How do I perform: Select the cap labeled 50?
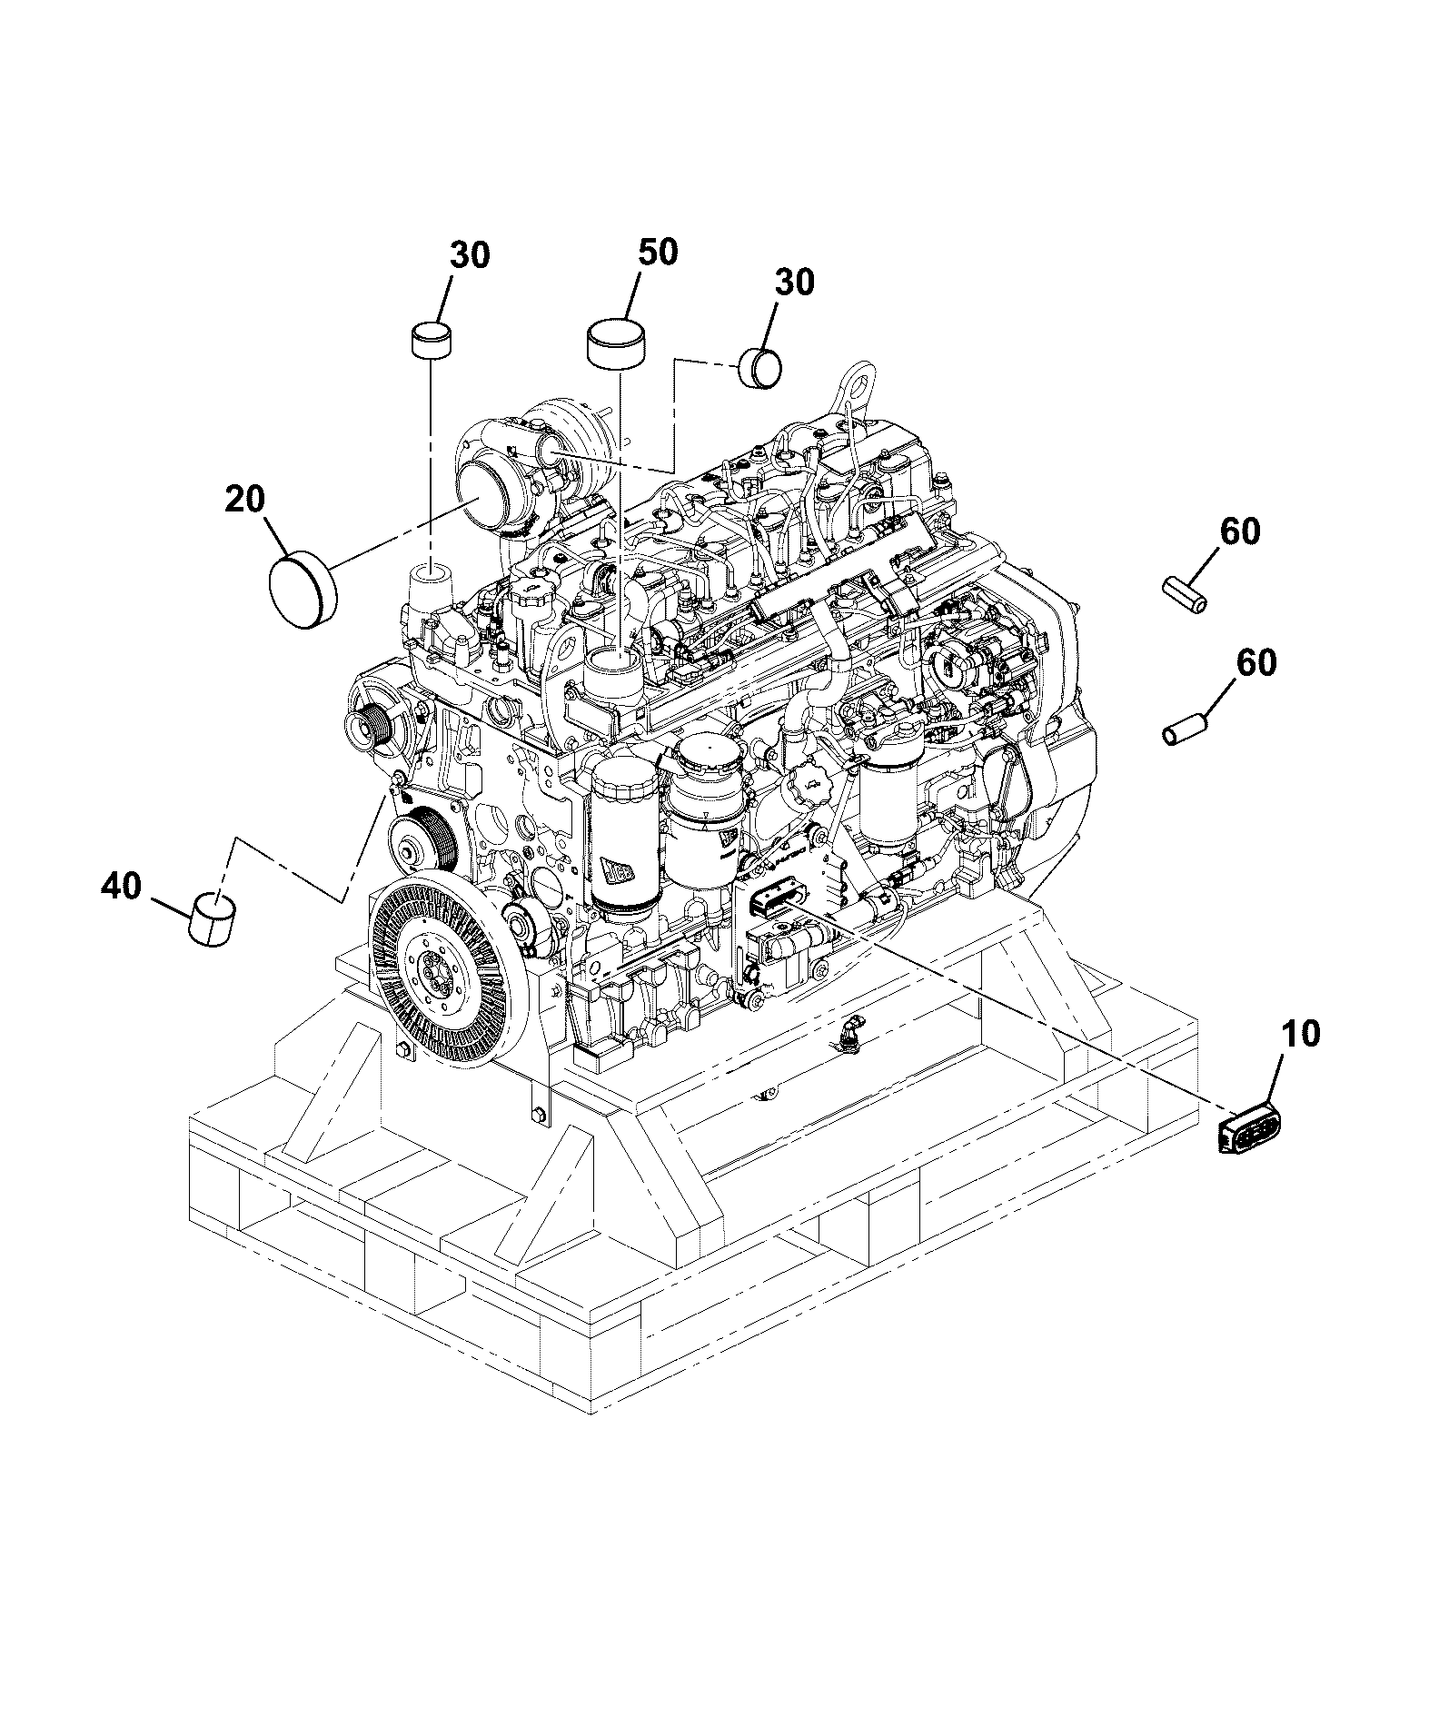(621, 342)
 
